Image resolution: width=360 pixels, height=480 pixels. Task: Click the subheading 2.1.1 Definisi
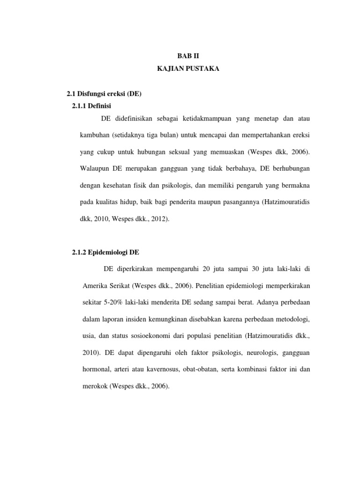(91, 105)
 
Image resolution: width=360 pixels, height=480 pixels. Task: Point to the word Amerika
(96, 285)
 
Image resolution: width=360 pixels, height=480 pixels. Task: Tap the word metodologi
(291, 319)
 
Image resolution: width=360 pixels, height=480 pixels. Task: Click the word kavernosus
(164, 370)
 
